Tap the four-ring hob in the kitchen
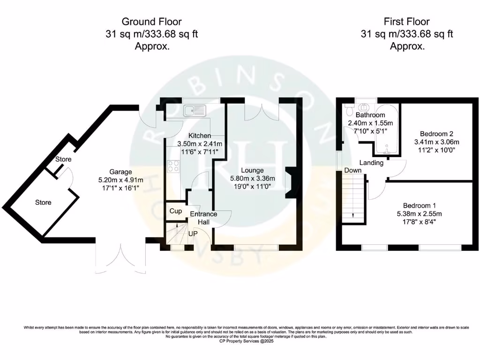tap(173, 166)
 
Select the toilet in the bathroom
tap(348, 109)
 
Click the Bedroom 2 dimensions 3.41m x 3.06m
tap(436, 142)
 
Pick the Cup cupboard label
tap(176, 211)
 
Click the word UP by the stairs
tap(193, 233)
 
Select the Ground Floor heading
tap(151, 22)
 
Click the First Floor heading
tap(406, 22)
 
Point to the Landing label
tap(371, 163)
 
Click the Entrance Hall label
tap(203, 218)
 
